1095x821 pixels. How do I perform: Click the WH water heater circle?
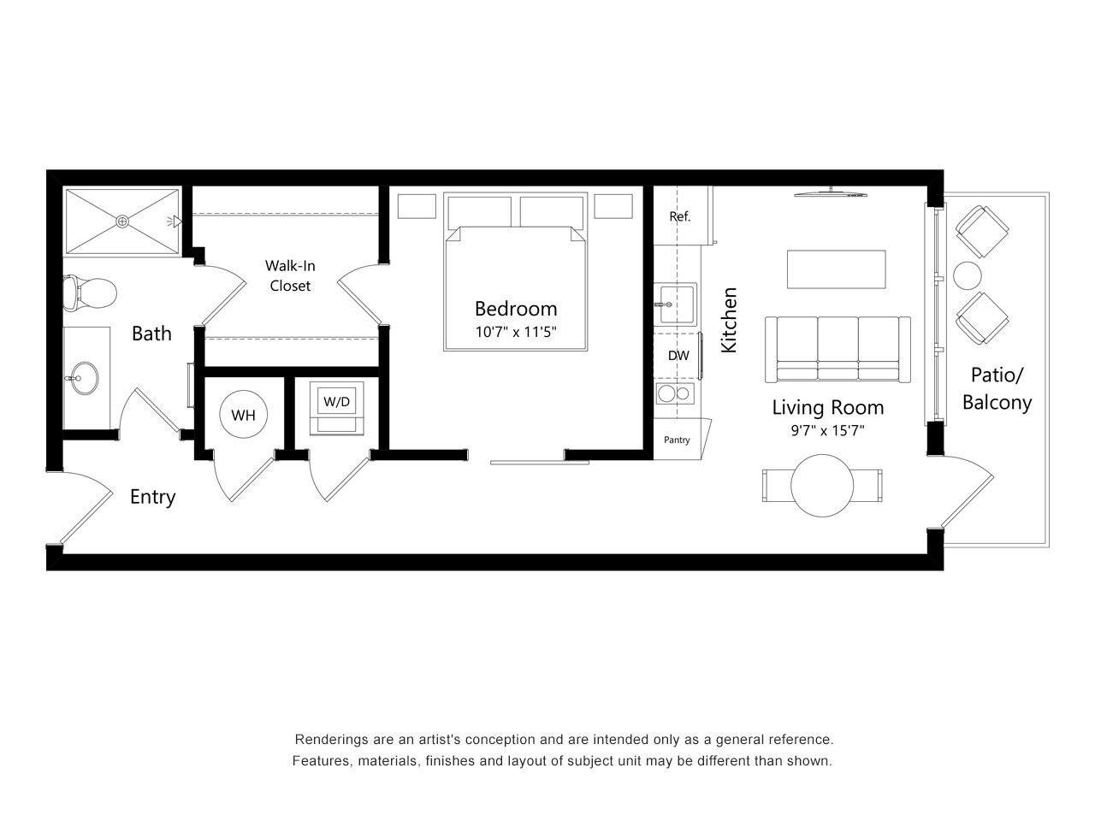point(244,416)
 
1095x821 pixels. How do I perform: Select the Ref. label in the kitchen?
point(679,216)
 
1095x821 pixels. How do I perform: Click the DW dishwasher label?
point(678,356)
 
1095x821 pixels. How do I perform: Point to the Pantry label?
point(677,440)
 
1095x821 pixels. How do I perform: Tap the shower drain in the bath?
point(123,221)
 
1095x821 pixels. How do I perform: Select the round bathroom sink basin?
point(85,376)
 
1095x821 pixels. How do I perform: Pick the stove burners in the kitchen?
point(673,394)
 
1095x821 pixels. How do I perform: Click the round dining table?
point(822,485)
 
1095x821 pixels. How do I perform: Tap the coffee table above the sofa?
point(837,269)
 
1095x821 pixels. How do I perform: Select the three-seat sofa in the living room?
point(838,348)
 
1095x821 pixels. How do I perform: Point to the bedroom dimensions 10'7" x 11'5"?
point(516,333)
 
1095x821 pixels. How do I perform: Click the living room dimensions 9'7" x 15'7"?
point(827,431)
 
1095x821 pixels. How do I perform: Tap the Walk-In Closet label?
point(290,276)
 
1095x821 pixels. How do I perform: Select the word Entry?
point(152,497)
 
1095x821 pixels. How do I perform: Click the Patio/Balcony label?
point(997,388)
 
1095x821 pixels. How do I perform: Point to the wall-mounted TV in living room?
point(830,193)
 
